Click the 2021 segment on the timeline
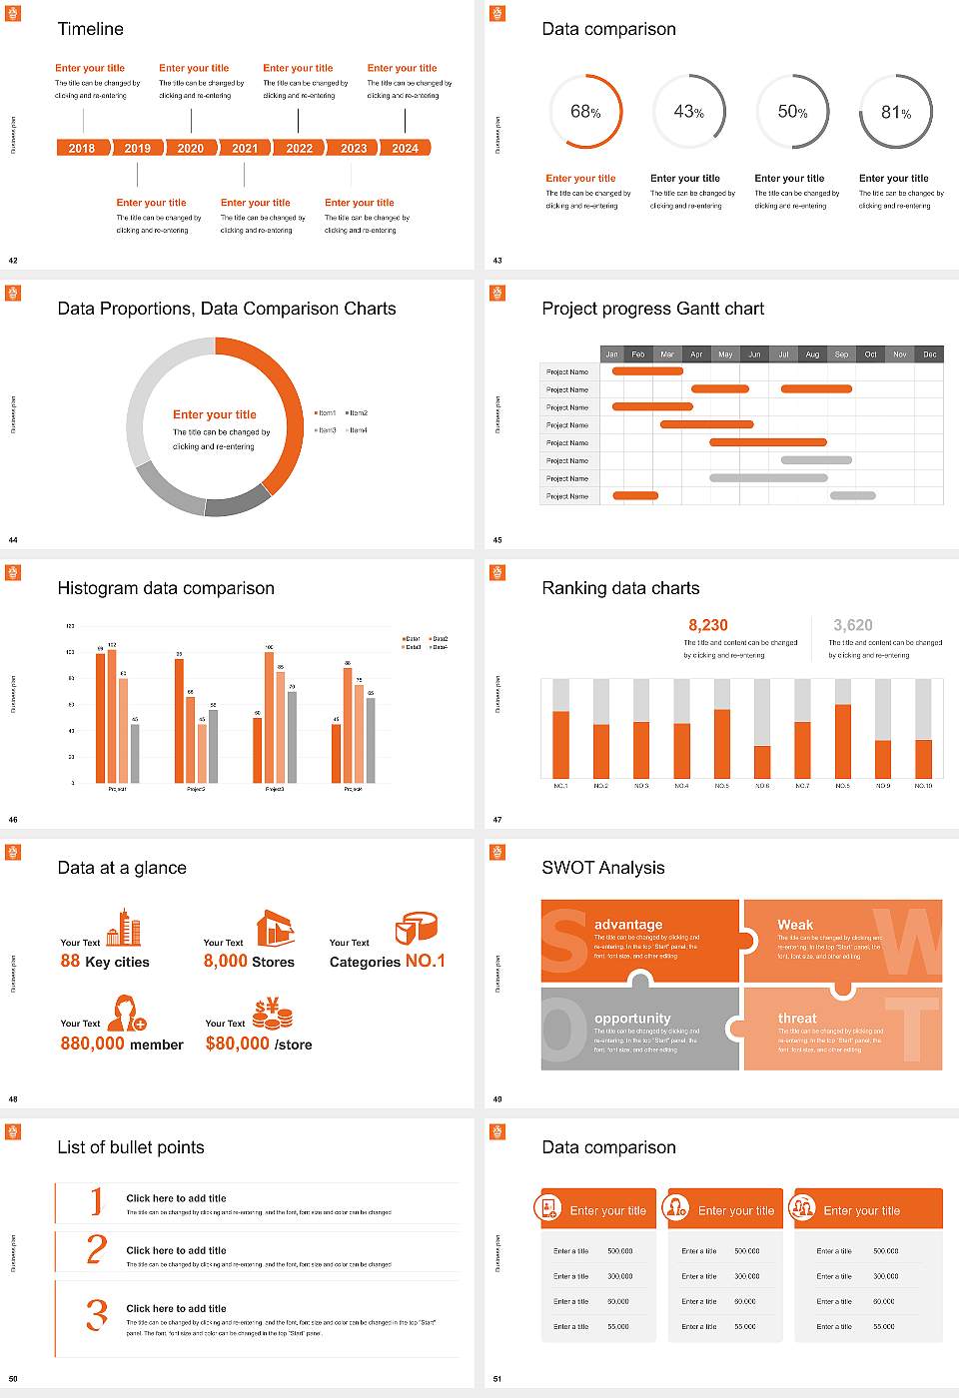[245, 148]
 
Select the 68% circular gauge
[586, 111]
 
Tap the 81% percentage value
[895, 113]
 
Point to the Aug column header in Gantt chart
[812, 354]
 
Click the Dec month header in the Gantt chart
[929, 354]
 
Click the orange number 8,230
[708, 625]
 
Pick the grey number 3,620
[853, 625]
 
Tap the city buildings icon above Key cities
[124, 928]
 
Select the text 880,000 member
[122, 1044]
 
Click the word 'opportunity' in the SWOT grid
[632, 1018]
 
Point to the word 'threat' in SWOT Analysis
[797, 1018]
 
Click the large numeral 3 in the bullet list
[96, 1314]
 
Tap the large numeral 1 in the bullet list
[96, 1200]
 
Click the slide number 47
[497, 820]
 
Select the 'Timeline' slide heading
[91, 29]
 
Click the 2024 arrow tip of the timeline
[408, 148]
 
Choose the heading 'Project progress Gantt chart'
[652, 309]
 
